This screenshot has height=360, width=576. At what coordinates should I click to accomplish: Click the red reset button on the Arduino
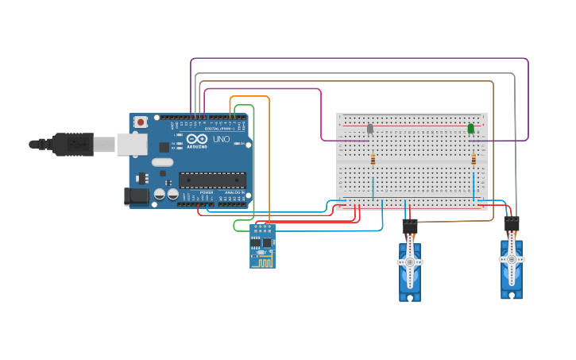tap(141, 122)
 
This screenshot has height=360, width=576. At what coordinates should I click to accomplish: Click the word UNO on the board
tap(222, 140)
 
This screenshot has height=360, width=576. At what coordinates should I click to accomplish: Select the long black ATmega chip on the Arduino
tap(211, 180)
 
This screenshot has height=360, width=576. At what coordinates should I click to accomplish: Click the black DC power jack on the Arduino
tap(136, 196)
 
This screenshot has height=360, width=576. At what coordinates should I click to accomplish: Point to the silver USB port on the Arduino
tap(132, 144)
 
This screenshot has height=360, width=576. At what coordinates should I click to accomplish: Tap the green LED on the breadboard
tap(471, 128)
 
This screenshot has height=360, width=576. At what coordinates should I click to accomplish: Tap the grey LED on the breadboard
tap(370, 128)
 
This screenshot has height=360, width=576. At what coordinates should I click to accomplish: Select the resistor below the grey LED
tap(373, 160)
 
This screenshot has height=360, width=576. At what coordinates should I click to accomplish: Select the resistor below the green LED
tap(474, 160)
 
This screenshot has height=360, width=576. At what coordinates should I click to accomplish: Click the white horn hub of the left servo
tap(410, 261)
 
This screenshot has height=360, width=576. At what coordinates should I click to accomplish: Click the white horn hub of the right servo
tap(512, 259)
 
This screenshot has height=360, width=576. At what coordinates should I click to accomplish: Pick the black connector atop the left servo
tap(410, 226)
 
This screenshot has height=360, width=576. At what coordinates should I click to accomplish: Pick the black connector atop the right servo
tap(512, 224)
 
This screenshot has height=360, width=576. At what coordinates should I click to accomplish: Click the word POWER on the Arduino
tap(207, 192)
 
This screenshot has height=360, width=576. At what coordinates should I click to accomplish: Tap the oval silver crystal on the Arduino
tap(162, 162)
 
